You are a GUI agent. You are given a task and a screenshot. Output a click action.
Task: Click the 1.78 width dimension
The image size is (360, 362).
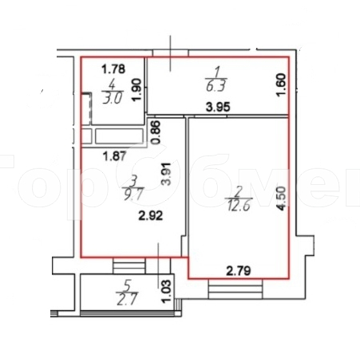click(x=113, y=69)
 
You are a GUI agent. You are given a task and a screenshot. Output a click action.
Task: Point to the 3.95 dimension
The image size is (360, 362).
click(x=217, y=108)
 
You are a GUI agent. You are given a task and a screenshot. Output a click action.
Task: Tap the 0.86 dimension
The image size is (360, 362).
click(x=157, y=132)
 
